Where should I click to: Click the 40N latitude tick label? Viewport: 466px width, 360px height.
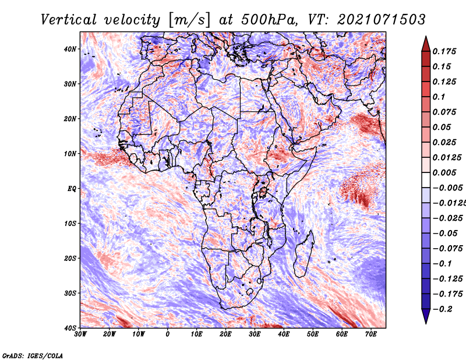tap(70, 49)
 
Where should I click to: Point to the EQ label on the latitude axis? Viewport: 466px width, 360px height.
tap(72, 189)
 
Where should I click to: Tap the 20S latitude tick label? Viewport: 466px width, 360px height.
tap(70, 258)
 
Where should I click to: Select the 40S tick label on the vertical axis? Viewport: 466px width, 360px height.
tap(70, 328)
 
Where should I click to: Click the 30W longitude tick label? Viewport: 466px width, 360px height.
tap(80, 334)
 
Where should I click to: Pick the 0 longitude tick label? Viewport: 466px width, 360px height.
tap(168, 334)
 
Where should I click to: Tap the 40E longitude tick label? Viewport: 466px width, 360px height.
tap(284, 334)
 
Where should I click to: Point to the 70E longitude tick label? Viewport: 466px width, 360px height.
tap(371, 334)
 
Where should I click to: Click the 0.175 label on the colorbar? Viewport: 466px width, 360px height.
tap(444, 52)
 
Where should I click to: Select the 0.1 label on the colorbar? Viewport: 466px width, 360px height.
tap(439, 97)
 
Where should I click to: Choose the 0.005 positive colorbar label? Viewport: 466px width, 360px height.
tap(444, 172)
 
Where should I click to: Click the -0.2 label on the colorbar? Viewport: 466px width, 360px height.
tap(443, 309)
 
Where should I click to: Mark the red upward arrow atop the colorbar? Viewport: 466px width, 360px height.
tap(426, 44)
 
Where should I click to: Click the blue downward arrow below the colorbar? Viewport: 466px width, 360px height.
tap(426, 316)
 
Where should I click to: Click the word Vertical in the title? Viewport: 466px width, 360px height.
tap(69, 20)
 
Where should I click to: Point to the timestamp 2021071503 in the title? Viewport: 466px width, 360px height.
tap(382, 20)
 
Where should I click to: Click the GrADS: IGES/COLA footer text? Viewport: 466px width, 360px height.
tap(33, 356)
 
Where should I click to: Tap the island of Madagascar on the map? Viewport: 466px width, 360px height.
tap(303, 254)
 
